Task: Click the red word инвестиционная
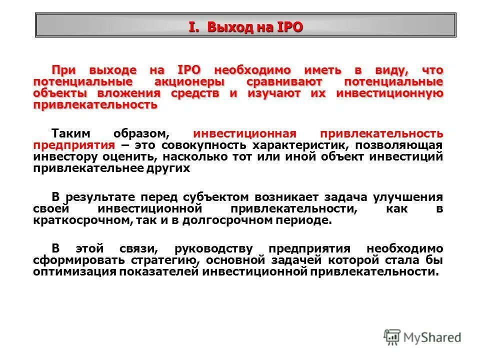(245, 133)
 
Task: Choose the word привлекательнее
(90, 168)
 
